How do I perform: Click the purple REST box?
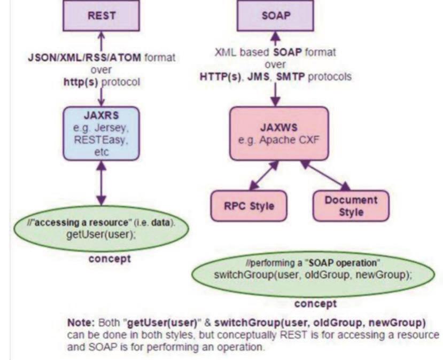click(x=100, y=15)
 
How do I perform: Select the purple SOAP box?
click(x=275, y=15)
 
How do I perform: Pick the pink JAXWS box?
click(x=278, y=133)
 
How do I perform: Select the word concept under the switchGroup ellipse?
click(x=316, y=303)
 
